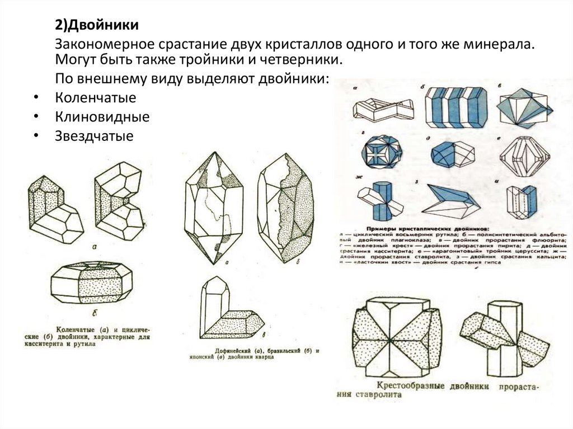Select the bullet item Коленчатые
click(x=96, y=98)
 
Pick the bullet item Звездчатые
click(x=94, y=135)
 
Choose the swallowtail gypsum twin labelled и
click(x=521, y=202)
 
